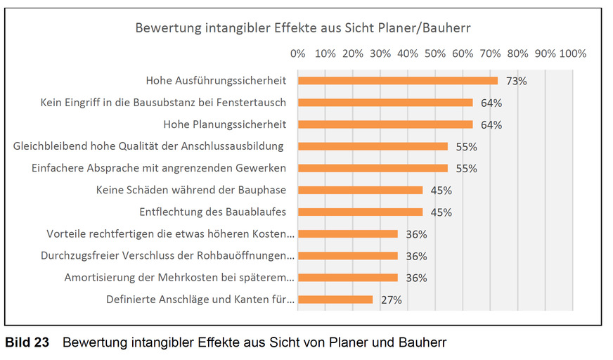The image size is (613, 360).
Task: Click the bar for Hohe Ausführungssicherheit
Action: [x=397, y=80]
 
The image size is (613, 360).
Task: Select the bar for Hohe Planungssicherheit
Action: [x=385, y=124]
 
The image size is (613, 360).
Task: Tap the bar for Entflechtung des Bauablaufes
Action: [x=360, y=212]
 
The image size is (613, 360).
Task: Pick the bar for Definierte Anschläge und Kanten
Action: [x=335, y=300]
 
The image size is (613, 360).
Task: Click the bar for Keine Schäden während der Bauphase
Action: [x=360, y=190]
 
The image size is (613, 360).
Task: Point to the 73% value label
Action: [x=516, y=81]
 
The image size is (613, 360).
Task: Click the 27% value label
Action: [x=391, y=300]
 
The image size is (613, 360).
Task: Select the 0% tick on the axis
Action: [x=297, y=53]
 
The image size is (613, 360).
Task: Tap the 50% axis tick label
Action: [x=435, y=53]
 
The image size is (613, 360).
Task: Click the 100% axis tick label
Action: [x=572, y=53]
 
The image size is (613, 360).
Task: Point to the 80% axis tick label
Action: [x=518, y=53]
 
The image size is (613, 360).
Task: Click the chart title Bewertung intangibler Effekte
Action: [x=302, y=29]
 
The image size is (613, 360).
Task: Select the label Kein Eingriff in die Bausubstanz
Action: [x=163, y=103]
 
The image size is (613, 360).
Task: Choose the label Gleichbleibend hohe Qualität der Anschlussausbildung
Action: [x=148, y=146]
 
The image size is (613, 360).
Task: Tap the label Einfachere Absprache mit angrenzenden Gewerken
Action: [x=159, y=168]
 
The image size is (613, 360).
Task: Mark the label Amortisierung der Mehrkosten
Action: [x=179, y=278]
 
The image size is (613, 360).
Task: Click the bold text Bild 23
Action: [x=27, y=343]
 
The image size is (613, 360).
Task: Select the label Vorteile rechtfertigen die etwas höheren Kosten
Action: [x=170, y=234]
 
